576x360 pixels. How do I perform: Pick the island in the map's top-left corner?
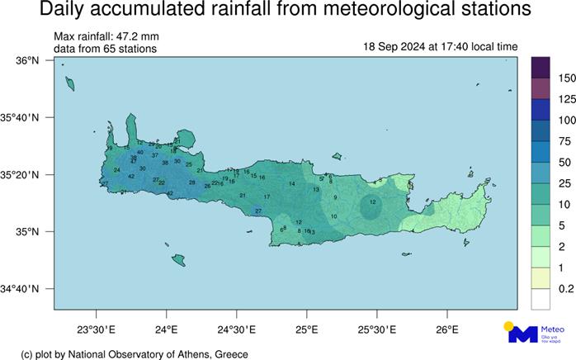[x=69, y=82]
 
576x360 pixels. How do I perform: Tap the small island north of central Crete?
[x=337, y=155]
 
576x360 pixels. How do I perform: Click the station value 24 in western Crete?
[x=116, y=170]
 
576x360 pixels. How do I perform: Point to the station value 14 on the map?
[x=291, y=184]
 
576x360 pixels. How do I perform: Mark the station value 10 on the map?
[x=333, y=216]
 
